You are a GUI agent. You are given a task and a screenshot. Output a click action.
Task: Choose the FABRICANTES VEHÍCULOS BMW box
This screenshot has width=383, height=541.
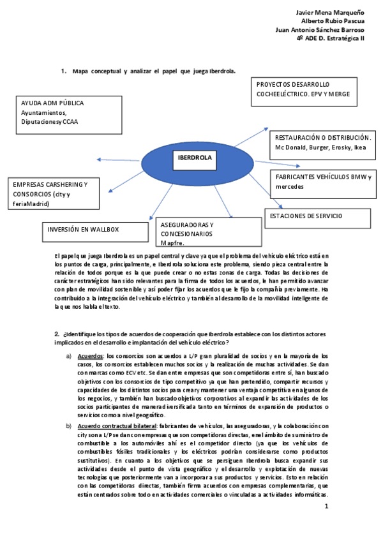pos(323,181)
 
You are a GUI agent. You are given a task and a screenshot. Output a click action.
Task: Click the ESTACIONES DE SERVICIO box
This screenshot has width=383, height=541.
pos(317,217)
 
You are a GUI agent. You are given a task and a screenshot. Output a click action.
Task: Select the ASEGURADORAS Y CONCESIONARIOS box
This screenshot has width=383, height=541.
pos(208,233)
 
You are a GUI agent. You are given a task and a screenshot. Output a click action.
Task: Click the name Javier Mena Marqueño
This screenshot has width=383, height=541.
pos(331,13)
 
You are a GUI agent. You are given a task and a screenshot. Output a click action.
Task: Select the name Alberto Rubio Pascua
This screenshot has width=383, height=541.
pos(332,21)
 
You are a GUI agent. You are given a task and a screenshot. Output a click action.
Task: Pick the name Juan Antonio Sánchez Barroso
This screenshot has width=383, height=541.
pos(320,29)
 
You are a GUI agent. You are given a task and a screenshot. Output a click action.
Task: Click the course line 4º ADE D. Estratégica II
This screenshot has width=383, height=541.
pos(330,38)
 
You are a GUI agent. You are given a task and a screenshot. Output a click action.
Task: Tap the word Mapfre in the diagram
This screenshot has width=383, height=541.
pos(172,243)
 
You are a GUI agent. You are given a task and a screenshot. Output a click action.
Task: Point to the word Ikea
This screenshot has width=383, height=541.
pos(360,147)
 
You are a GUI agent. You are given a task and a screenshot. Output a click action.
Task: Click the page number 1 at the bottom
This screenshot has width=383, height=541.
pos(326,507)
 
